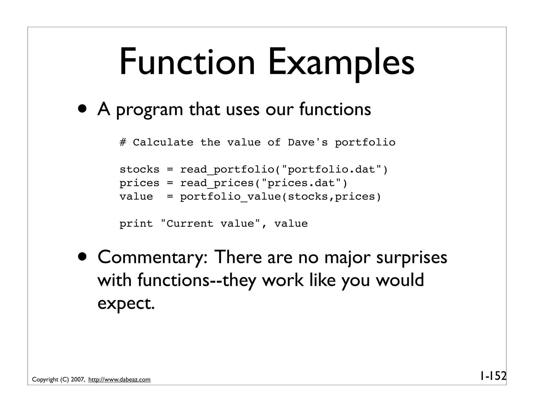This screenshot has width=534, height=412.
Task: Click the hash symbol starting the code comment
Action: (123, 142)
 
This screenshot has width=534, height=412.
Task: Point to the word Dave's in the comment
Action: (308, 142)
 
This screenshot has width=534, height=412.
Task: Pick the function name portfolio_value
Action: (230, 197)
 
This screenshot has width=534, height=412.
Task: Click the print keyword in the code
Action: (136, 224)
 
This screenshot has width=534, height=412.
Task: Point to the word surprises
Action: (412, 257)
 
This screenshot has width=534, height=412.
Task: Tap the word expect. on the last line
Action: (126, 303)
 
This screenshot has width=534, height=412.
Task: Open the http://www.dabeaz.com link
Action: (119, 380)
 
